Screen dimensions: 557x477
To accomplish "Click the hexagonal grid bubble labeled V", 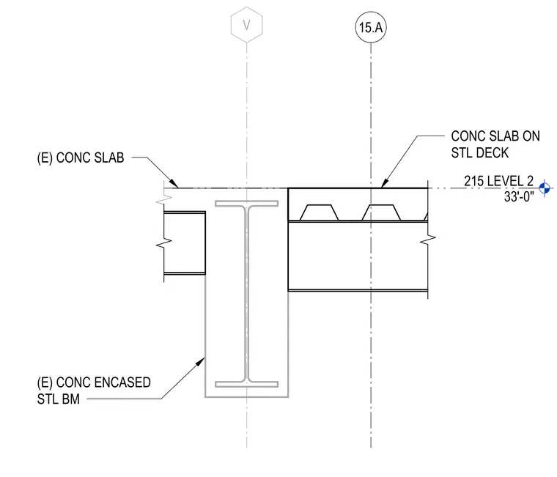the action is [246, 24].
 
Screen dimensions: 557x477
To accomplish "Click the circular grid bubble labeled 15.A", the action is [371, 27].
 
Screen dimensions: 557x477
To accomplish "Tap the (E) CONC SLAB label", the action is [81, 158].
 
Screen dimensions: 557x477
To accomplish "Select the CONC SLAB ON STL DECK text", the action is [495, 144].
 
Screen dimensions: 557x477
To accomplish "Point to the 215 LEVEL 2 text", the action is [498, 181].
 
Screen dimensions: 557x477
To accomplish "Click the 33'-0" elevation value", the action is [519, 196].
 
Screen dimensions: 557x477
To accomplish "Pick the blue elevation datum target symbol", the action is [545, 188].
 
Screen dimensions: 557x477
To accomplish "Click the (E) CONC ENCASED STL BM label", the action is [94, 391].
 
